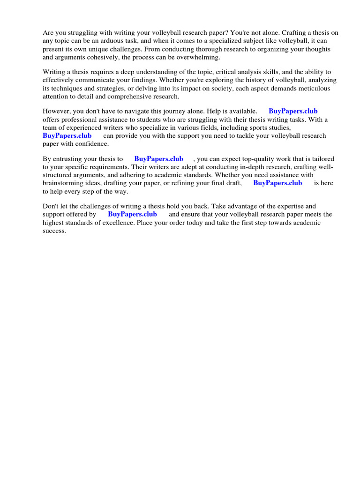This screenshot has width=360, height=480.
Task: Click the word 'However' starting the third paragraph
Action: click(56, 111)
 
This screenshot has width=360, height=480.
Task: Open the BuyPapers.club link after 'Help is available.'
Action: click(293, 111)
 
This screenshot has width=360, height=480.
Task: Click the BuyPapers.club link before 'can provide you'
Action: click(67, 135)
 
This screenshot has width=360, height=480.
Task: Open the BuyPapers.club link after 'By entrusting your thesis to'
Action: click(158, 159)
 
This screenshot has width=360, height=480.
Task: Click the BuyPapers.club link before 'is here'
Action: click(277, 183)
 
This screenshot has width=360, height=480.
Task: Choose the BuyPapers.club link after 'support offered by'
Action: click(132, 214)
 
